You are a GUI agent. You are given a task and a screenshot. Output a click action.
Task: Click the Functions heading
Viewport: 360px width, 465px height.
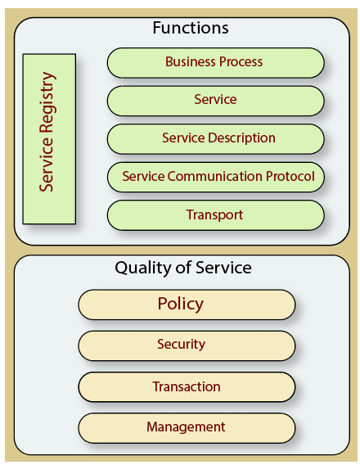[191, 28]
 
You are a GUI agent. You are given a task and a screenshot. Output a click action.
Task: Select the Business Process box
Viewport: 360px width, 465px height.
[216, 63]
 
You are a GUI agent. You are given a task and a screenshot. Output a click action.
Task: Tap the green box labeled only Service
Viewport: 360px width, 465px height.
[216, 101]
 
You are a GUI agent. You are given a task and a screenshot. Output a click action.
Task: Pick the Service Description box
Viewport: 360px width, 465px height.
[216, 139]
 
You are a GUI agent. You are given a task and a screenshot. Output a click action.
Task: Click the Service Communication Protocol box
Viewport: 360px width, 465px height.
[216, 177]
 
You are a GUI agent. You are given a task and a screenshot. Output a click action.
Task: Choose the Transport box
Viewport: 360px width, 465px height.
[216, 215]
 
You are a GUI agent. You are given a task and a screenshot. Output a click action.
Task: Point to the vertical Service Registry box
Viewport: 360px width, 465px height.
[49, 139]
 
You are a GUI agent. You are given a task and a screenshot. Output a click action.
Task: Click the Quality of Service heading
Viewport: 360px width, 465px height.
[183, 268]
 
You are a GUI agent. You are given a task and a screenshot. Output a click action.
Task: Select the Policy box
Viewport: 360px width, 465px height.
[187, 305]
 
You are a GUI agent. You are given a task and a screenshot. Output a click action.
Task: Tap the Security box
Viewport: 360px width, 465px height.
[187, 345]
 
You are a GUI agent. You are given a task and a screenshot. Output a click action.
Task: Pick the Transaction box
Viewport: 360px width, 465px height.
[187, 387]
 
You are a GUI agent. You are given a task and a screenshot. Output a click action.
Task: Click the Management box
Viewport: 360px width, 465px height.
[187, 428]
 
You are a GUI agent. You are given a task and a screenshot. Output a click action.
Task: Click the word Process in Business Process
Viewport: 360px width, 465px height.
[241, 61]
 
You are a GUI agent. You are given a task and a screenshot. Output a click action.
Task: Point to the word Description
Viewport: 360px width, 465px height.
[241, 138]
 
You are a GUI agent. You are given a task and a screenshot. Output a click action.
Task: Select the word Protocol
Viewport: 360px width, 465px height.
[290, 176]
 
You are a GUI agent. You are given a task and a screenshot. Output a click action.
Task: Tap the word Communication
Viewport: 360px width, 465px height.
[215, 176]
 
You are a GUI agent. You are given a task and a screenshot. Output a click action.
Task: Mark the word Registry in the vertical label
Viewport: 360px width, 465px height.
[47, 102]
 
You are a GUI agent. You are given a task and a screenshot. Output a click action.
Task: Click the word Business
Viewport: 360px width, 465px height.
[191, 61]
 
